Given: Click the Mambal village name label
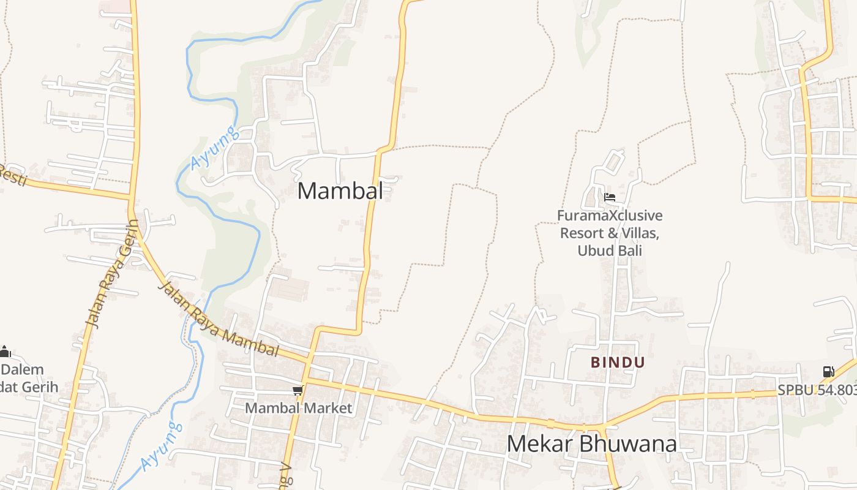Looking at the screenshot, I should pos(340,191).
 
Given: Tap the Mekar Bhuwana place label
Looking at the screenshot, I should pos(591,444).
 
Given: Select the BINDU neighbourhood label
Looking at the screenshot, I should pos(618,363).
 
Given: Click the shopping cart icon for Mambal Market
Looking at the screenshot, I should pos(298,390).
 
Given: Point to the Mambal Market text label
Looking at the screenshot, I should pos(299,408).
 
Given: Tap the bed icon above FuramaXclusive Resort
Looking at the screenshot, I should pos(610,197).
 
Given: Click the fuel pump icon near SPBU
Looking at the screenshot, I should pos(828,372).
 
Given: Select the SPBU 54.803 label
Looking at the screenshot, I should pos(817,390).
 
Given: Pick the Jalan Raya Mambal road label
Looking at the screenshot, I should pos(219,320).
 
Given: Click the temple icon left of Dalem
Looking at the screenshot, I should pos(5,352).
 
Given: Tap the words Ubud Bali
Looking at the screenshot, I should pos(610,251).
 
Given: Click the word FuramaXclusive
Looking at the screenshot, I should pos(610,216).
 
